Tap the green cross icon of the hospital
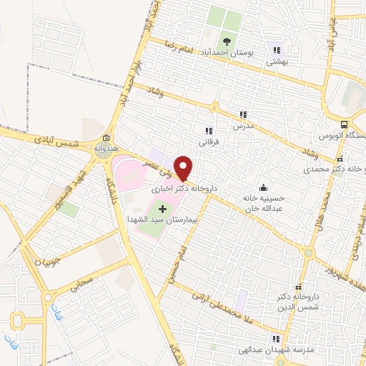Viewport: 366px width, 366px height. pos(162,209)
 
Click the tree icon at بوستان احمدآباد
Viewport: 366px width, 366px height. pos(227,41)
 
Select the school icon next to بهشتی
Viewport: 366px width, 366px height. pos(275,50)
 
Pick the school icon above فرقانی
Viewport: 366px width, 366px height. pos(209,131)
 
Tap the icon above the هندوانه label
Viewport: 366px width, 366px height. pos(106,137)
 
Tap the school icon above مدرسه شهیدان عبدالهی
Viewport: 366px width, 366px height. pos(275,339)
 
